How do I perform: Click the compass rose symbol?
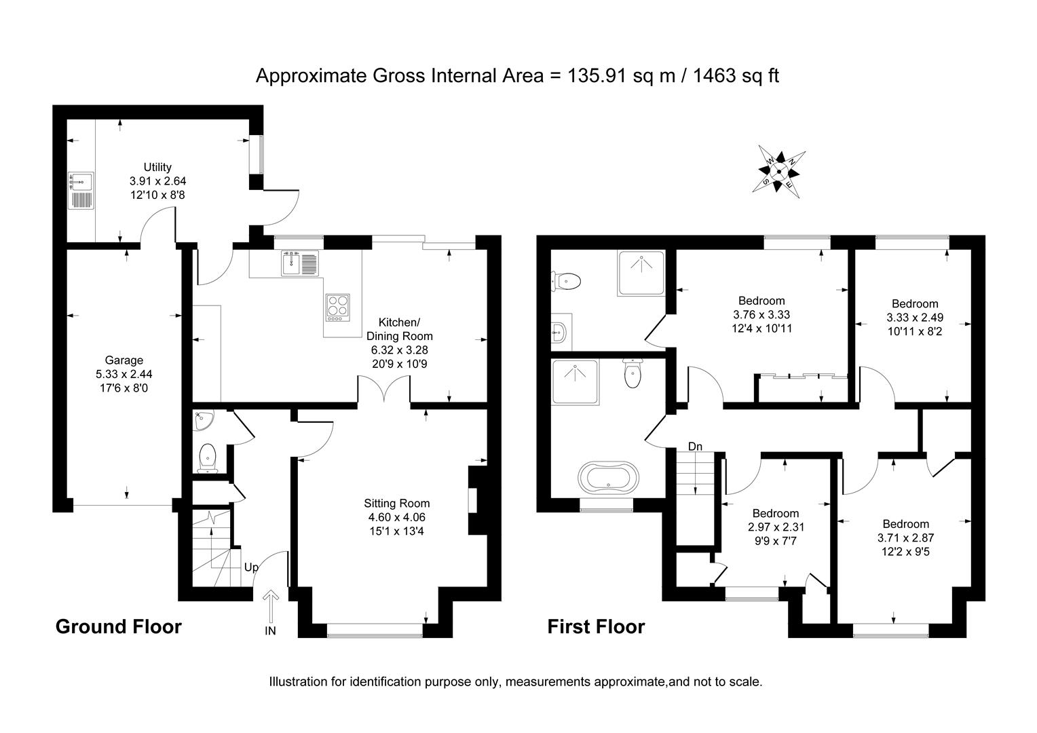[x=779, y=171]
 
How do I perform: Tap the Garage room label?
[x=124, y=360]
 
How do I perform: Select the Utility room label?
[x=157, y=168]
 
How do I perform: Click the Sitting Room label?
[x=396, y=504]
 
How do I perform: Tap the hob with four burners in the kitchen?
[x=338, y=307]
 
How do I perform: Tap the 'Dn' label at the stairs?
[x=695, y=447]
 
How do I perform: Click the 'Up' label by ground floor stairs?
[x=250, y=567]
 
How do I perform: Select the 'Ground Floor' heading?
[x=118, y=626]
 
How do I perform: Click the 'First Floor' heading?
[x=596, y=626]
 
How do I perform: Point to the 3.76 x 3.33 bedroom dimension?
[x=761, y=315]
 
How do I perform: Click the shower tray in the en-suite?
[x=641, y=273]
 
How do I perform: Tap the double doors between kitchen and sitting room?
[x=384, y=392]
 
